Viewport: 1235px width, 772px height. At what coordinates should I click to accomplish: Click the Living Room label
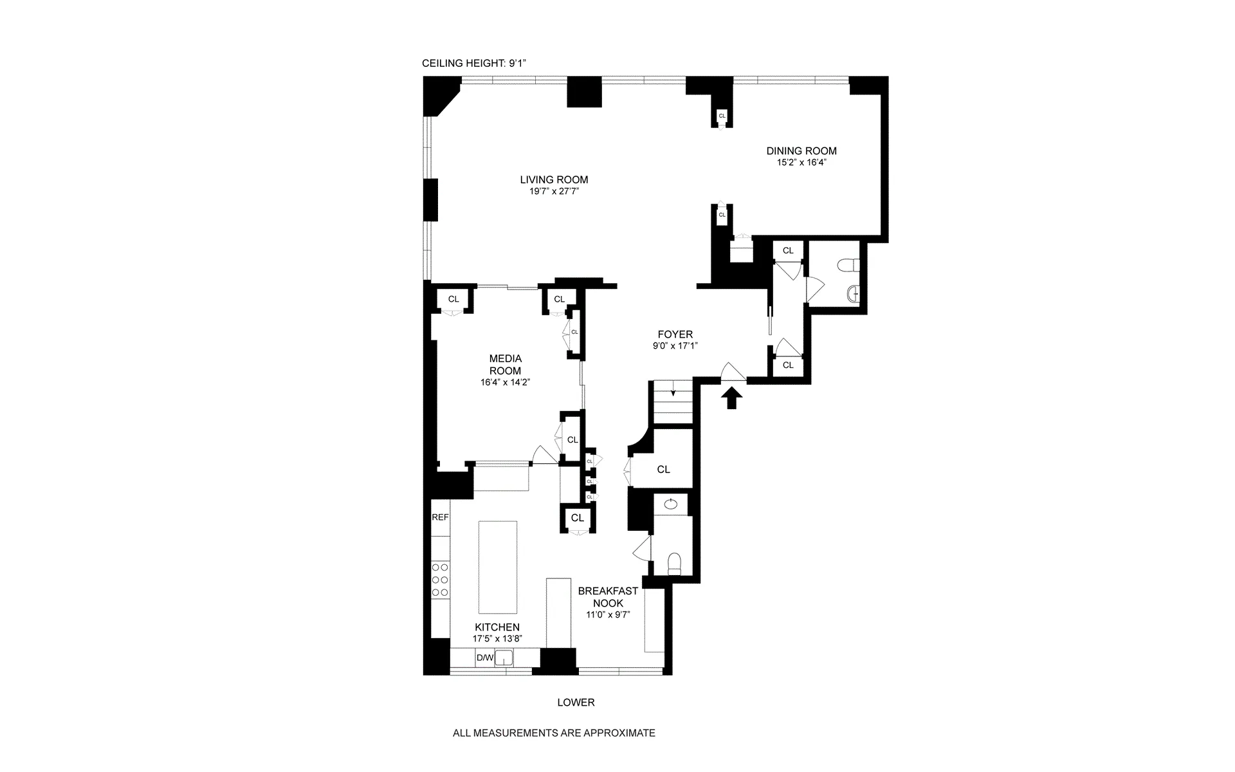[554, 180]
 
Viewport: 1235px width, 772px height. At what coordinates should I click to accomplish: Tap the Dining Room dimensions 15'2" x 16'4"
[801, 163]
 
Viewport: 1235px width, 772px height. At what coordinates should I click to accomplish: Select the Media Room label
[505, 364]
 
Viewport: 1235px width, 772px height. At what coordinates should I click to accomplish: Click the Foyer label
[675, 335]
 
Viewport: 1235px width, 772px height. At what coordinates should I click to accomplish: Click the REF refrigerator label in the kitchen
[440, 517]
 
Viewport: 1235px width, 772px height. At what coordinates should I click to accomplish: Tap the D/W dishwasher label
[484, 657]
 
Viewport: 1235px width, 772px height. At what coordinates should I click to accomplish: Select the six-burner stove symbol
[440, 580]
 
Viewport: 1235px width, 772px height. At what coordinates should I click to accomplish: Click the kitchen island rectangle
[497, 567]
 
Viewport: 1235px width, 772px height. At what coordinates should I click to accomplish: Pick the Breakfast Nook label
[607, 597]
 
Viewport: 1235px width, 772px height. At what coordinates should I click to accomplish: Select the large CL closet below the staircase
[663, 470]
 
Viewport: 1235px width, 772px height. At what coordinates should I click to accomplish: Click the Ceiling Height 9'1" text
[474, 63]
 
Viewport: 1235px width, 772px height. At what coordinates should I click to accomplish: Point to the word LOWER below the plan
[576, 703]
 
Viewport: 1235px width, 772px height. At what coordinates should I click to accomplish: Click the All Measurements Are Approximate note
[554, 733]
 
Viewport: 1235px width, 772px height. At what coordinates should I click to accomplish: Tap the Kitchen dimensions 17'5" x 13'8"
[497, 639]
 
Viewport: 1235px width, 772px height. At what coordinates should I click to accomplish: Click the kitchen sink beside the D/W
[505, 657]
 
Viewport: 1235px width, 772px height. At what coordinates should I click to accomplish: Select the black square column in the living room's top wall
[583, 91]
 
